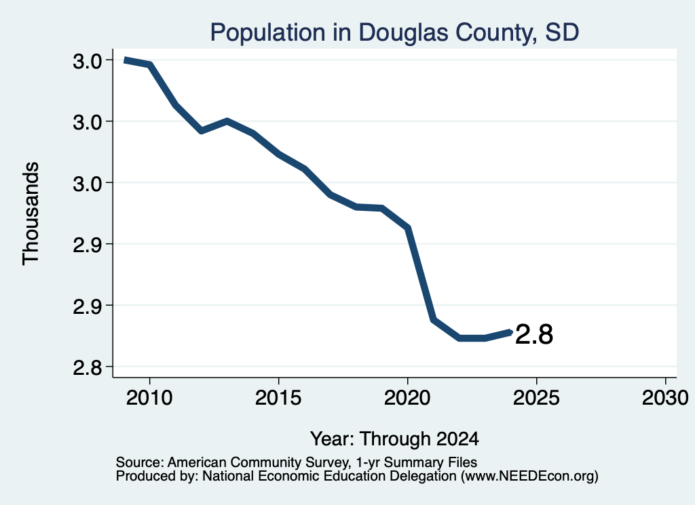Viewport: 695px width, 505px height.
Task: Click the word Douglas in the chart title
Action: click(402, 33)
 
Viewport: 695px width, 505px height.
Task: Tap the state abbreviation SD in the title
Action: click(561, 33)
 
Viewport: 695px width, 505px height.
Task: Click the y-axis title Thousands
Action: click(31, 214)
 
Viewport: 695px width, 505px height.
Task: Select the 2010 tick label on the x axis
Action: click(149, 398)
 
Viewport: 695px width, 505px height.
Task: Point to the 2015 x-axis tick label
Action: click(278, 398)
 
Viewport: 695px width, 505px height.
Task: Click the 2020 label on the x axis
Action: click(407, 398)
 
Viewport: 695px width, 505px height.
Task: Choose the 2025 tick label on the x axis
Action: click(536, 398)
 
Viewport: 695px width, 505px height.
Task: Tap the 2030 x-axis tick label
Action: click(665, 398)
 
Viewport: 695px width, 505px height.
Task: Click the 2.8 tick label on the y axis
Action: click(88, 367)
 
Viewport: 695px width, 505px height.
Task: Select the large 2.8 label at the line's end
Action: click(534, 334)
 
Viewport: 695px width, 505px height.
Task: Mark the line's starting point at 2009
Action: click(125, 60)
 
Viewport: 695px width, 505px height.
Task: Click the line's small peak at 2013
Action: click(227, 121)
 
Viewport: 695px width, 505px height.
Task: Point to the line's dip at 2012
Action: click(202, 131)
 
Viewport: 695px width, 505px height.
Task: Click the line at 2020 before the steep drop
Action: click(408, 228)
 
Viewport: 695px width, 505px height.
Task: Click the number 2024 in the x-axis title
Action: click(457, 439)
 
